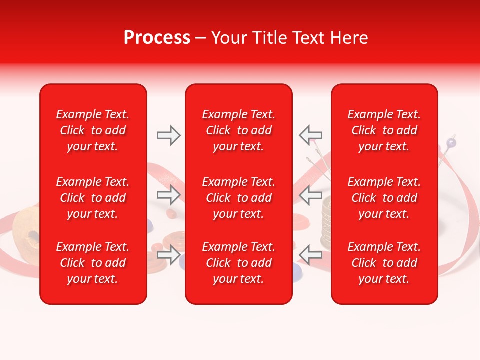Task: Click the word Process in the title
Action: click(x=157, y=38)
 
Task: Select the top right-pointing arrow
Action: click(x=169, y=135)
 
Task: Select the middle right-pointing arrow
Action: click(x=169, y=195)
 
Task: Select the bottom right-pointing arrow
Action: click(x=169, y=255)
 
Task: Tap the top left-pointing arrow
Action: click(x=310, y=135)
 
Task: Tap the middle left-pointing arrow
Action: click(x=310, y=195)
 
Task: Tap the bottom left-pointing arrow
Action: click(x=310, y=255)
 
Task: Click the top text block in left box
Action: click(x=93, y=130)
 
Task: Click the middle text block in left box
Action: click(x=93, y=198)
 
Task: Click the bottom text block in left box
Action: click(x=93, y=263)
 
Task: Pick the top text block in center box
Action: click(x=239, y=130)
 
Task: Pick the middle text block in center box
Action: click(x=239, y=198)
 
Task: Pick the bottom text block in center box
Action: click(x=239, y=263)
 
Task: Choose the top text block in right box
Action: click(x=384, y=130)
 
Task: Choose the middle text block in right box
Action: click(x=384, y=198)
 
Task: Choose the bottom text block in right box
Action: click(x=384, y=263)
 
